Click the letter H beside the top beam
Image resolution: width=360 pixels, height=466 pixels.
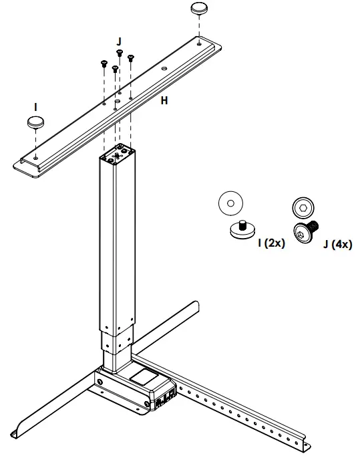(x=164, y=101)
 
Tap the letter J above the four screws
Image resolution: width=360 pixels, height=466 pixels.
(x=119, y=41)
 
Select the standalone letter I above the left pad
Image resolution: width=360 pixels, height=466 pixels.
(x=35, y=106)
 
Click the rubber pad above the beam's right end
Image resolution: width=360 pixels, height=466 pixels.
(x=200, y=9)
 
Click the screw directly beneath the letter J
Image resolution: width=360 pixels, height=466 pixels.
(x=119, y=54)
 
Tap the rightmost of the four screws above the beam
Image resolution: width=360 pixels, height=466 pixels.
(x=131, y=59)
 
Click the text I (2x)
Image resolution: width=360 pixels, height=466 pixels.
(x=271, y=243)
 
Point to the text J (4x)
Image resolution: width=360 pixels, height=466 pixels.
(x=337, y=244)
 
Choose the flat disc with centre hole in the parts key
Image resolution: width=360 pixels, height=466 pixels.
(x=231, y=201)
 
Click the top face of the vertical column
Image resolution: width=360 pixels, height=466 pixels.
(x=118, y=154)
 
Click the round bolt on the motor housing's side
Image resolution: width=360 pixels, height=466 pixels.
(x=101, y=382)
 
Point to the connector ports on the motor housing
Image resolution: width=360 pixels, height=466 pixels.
(x=165, y=400)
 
